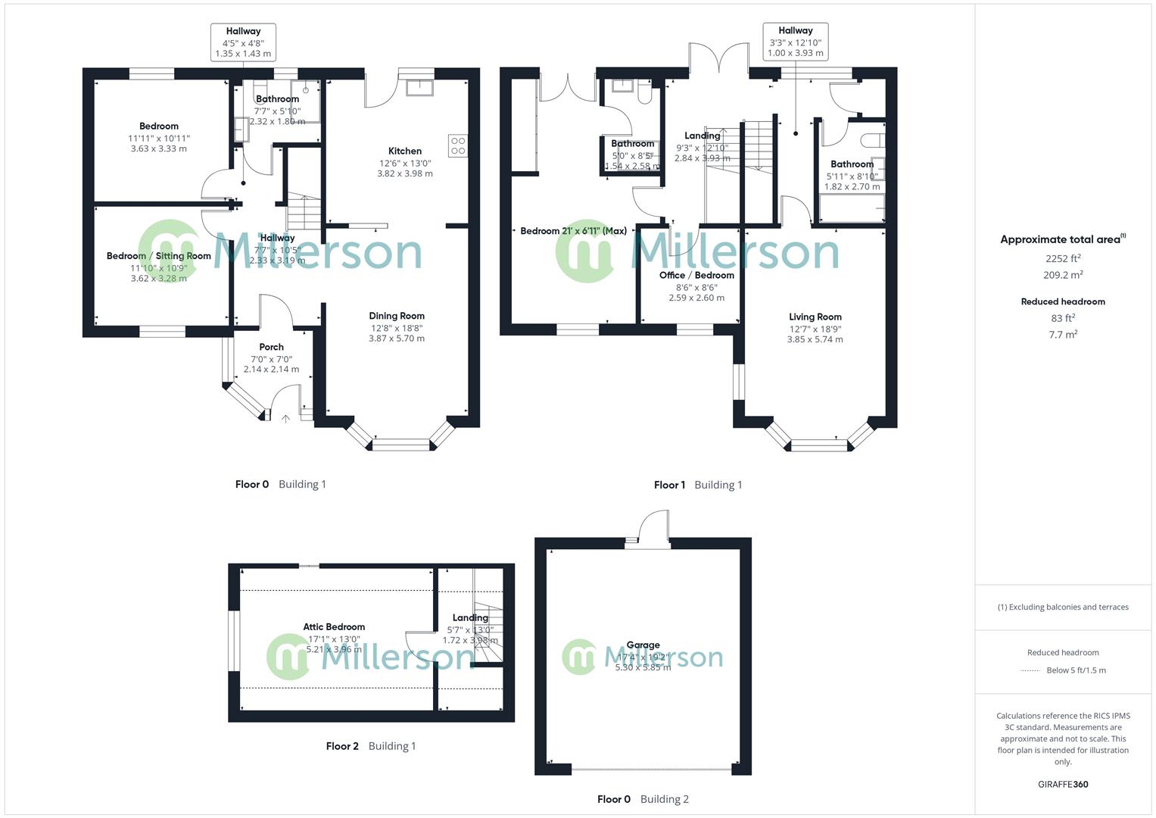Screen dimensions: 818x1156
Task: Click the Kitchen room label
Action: point(405,151)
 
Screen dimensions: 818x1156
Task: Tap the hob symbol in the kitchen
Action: point(458,145)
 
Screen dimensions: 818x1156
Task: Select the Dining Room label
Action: point(397,316)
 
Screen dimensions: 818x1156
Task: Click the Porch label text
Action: point(271,347)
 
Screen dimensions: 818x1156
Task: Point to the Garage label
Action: point(643,645)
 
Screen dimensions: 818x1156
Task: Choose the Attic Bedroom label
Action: point(334,626)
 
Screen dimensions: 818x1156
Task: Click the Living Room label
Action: point(815,317)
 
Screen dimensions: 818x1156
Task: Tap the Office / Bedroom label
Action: point(696,275)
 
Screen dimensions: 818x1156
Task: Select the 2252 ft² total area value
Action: point(1062,259)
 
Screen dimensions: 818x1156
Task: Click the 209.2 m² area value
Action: point(1062,276)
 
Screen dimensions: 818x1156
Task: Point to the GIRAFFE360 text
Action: point(1063,784)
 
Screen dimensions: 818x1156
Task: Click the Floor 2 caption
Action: point(342,746)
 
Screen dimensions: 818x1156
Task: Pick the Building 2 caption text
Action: point(664,799)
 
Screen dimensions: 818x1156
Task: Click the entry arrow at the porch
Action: point(285,417)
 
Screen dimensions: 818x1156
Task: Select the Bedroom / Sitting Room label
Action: point(158,256)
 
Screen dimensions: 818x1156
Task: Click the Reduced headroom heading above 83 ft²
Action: point(1062,301)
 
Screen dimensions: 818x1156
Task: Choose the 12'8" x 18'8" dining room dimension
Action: point(397,328)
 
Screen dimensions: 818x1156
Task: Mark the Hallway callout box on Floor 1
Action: point(795,42)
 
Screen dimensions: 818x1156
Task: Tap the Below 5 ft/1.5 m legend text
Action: point(1076,670)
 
